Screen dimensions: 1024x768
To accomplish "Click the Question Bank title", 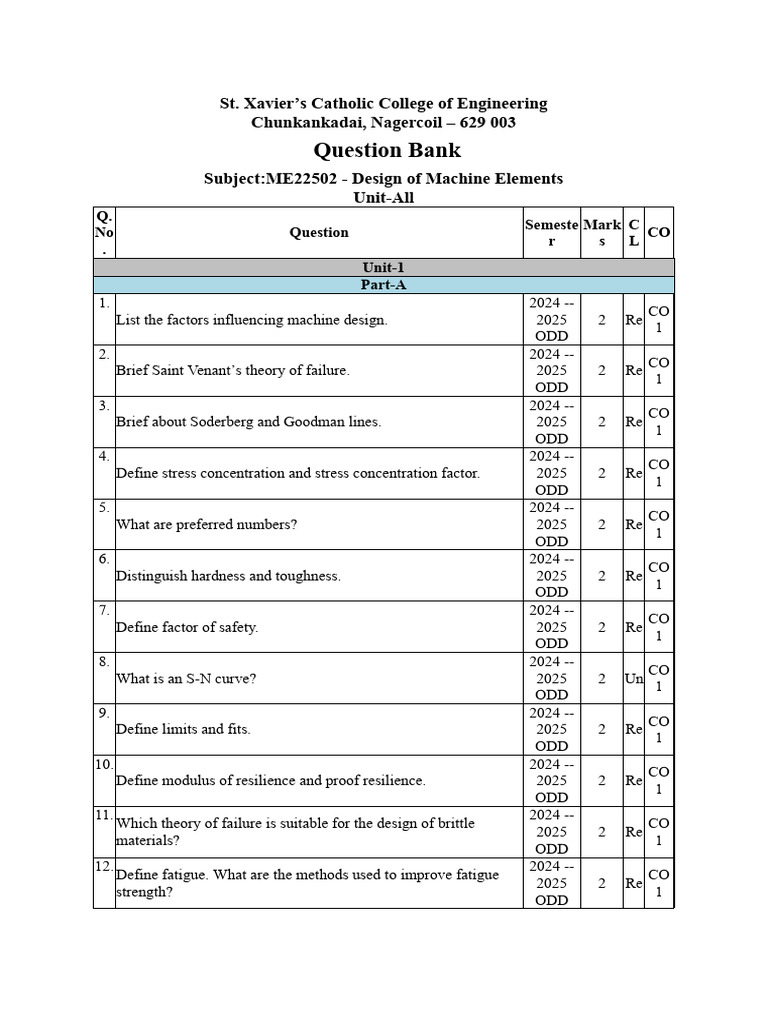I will point(387,150).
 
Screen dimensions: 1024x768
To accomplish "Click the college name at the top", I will point(383,103).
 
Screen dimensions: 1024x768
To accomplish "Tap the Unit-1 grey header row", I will point(383,267).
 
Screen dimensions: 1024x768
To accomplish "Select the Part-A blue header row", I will point(383,285).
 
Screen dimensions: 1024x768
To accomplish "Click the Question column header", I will point(319,232).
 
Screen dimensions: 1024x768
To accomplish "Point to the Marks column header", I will point(601,232).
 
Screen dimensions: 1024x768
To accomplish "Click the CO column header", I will point(659,232).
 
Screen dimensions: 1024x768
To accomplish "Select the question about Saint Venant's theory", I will point(233,370).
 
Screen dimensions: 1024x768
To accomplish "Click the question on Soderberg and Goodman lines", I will point(248,422).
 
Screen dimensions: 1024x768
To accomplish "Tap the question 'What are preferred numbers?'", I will point(207,524).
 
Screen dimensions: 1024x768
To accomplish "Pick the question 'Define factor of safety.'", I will point(187,627).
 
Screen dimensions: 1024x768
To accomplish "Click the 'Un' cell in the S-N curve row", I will point(634,679).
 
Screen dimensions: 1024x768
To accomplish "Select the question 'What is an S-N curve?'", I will point(187,678).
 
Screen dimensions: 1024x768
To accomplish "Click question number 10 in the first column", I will point(104,764).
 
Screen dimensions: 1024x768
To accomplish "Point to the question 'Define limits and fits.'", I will point(183,729).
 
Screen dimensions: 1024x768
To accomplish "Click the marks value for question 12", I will point(601,883).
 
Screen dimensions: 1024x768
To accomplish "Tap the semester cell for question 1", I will point(551,319).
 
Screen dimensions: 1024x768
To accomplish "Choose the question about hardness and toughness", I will point(228,576).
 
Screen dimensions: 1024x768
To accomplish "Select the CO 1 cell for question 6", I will point(659,576).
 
